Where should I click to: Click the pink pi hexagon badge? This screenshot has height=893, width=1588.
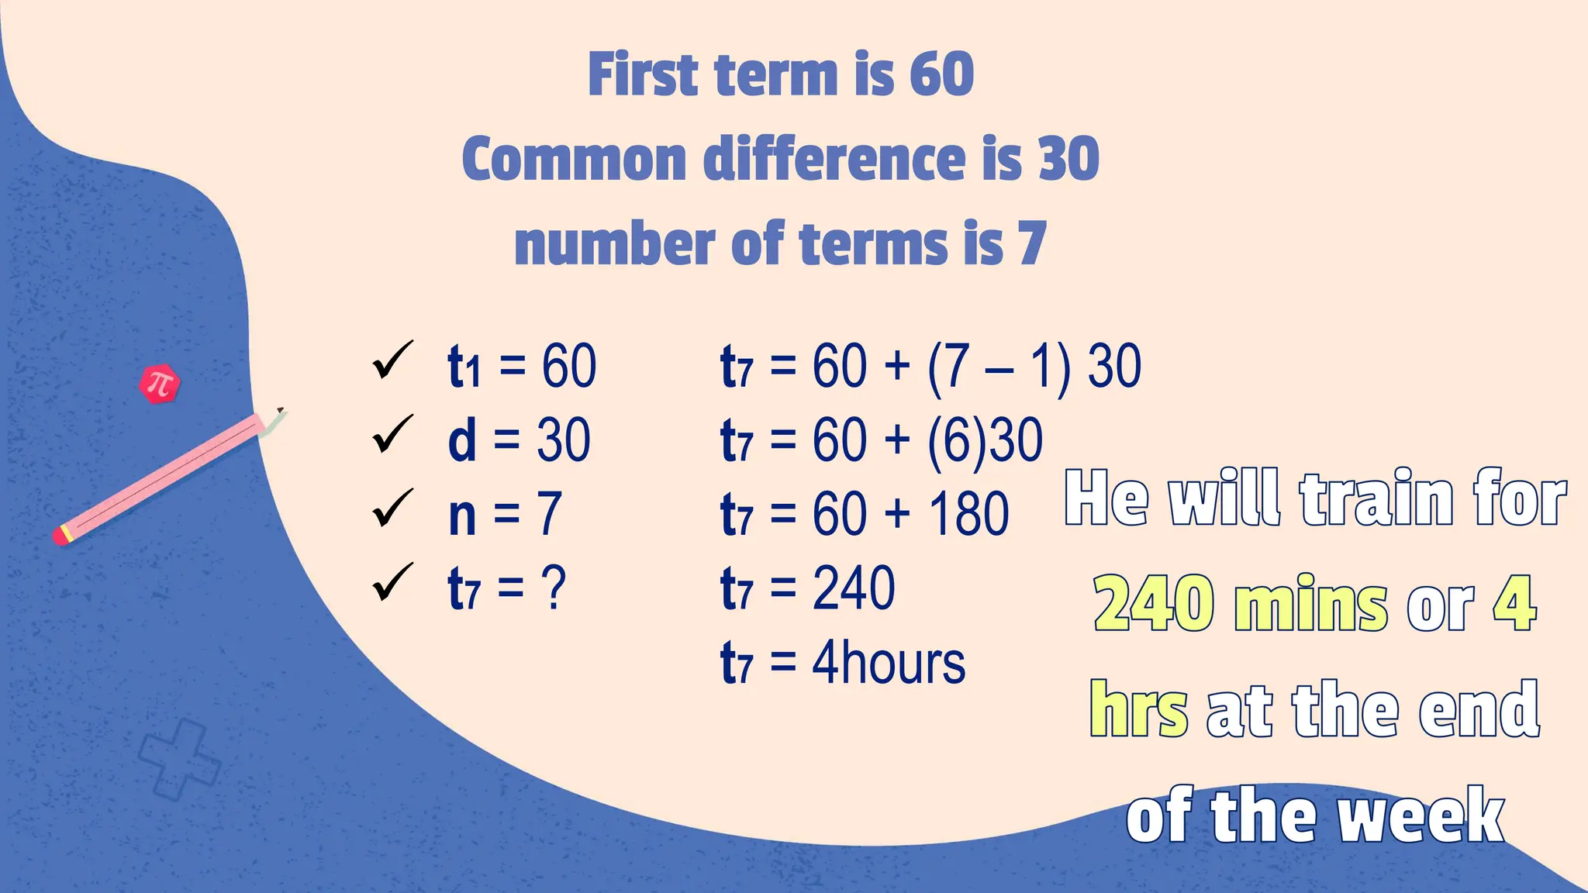click(160, 384)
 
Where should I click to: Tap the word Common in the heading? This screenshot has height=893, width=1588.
click(574, 159)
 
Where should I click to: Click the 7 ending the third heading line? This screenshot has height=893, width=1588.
click(1032, 243)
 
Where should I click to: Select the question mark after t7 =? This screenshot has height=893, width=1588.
click(554, 589)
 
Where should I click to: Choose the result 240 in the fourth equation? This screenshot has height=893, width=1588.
click(854, 589)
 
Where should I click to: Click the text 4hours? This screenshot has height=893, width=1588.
click(889, 664)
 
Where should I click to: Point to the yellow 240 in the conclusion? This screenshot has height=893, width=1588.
click(1153, 605)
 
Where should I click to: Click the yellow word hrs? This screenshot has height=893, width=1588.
click(1138, 709)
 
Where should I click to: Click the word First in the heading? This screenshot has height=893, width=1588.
click(644, 74)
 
